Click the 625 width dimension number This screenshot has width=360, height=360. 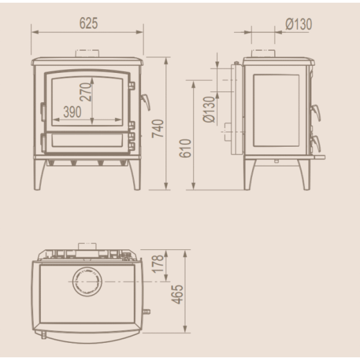pyautogui.click(x=89, y=23)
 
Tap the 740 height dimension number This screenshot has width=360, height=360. pyautogui.click(x=158, y=129)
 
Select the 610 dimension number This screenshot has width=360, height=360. pyautogui.click(x=185, y=148)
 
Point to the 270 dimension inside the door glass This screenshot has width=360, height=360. pyautogui.click(x=85, y=92)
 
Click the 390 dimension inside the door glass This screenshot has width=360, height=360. pyautogui.click(x=72, y=112)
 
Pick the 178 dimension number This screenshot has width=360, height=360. pyautogui.click(x=158, y=264)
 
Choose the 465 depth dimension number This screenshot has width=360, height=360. pyautogui.click(x=177, y=295)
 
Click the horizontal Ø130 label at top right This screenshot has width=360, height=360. pyautogui.click(x=299, y=24)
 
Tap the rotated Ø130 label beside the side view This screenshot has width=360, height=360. pyautogui.click(x=209, y=109)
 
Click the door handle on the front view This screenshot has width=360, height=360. pyautogui.click(x=145, y=102)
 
